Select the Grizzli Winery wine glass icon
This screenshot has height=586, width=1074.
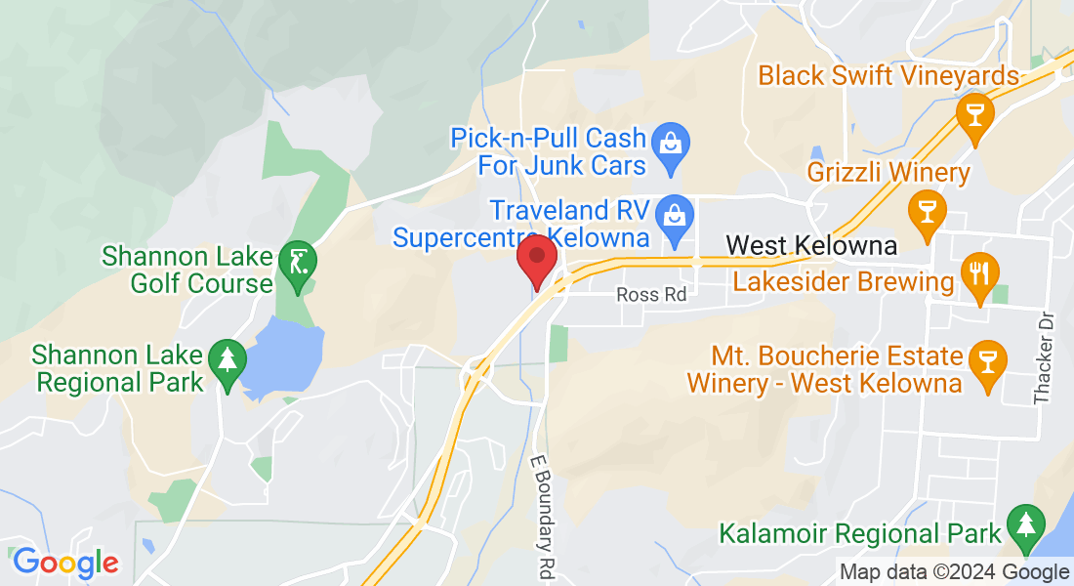click(923, 207)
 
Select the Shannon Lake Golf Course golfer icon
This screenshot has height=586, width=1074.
click(296, 261)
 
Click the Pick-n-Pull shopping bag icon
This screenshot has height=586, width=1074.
click(671, 143)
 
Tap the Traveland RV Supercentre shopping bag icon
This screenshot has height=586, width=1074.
click(673, 211)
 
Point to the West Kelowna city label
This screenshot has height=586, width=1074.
click(812, 244)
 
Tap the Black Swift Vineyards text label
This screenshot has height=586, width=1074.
click(888, 75)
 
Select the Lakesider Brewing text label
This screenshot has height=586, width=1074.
click(844, 282)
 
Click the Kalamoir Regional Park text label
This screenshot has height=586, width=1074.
click(860, 533)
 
